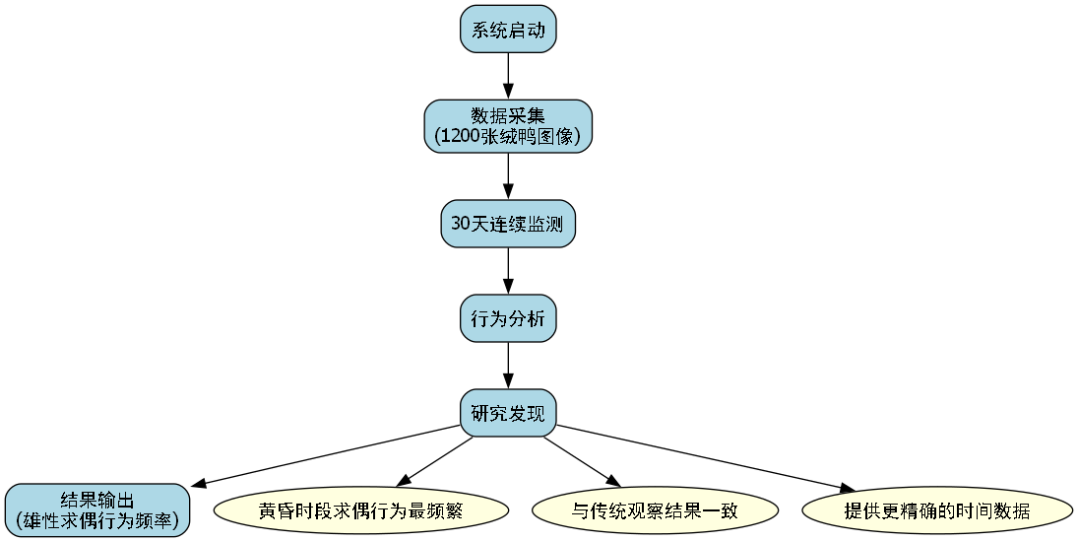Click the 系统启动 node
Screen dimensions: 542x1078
pyautogui.click(x=508, y=30)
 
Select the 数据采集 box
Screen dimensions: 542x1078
pyautogui.click(x=508, y=125)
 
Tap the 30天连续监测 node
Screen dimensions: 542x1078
pyautogui.click(x=508, y=224)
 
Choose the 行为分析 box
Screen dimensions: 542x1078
pyautogui.click(x=508, y=318)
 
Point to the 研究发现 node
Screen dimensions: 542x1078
pyautogui.click(x=508, y=412)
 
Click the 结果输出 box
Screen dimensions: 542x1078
pyautogui.click(x=96, y=509)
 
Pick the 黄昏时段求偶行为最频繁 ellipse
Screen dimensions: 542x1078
pyautogui.click(x=360, y=510)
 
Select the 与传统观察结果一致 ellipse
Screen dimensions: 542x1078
pyautogui.click(x=655, y=510)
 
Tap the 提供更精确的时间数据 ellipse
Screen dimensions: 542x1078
pyautogui.click(x=937, y=510)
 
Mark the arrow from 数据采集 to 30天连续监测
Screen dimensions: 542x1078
pyautogui.click(x=508, y=177)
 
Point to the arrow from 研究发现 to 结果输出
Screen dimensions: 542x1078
pyautogui.click(x=325, y=455)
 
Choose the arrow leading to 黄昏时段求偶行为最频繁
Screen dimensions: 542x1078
pyautogui.click(x=435, y=459)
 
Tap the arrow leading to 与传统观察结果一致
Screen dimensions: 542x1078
pyautogui.click(x=582, y=459)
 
